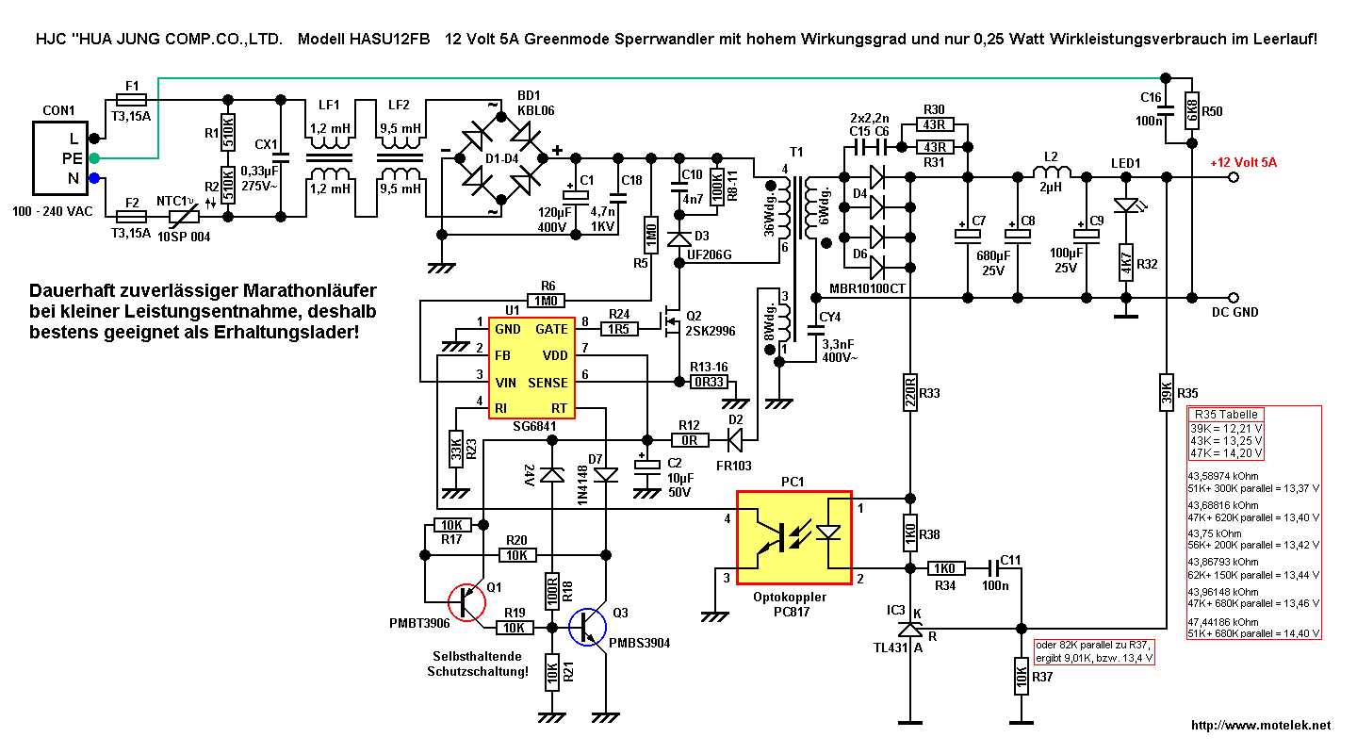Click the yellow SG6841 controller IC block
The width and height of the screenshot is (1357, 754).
528,369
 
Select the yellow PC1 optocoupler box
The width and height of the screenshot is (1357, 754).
793,538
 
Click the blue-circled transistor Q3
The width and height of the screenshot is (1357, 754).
590,627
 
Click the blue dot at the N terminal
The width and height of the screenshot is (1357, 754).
94,178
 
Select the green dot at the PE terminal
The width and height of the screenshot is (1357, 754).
94,157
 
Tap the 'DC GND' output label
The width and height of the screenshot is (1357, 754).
1234,312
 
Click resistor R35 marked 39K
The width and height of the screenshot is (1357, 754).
1167,393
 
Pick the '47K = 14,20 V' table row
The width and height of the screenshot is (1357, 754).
1226,451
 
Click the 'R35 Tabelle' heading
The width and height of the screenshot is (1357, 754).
1225,415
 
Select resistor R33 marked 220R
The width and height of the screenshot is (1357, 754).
910,392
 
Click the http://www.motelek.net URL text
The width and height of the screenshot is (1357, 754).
1261,725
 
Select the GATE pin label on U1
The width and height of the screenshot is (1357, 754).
551,330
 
